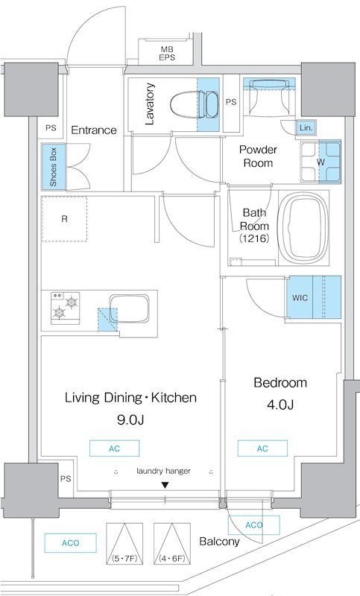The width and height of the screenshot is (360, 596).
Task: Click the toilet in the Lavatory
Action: [x=195, y=104]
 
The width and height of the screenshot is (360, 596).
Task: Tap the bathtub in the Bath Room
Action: [x=303, y=229]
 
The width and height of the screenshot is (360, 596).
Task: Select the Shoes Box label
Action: [x=53, y=167]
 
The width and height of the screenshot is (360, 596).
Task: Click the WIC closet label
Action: [x=300, y=297]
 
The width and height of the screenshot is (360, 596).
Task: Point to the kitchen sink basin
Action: [x=129, y=308]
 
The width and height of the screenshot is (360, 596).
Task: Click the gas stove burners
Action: [x=66, y=308]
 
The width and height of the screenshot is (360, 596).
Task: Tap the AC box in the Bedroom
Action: [x=262, y=448]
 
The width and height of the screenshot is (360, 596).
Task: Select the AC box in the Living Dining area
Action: [x=115, y=448]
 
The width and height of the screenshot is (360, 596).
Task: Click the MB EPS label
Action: [x=167, y=54]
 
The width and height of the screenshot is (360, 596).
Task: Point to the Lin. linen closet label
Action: [x=306, y=128]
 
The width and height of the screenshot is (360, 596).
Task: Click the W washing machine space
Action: [x=320, y=162]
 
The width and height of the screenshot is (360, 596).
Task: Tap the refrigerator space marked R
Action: [x=64, y=219]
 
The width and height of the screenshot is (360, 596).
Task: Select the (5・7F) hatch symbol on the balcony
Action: [x=124, y=544]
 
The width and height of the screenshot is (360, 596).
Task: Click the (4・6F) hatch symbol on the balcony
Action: [x=172, y=544]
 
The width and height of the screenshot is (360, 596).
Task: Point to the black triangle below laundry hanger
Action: [x=165, y=485]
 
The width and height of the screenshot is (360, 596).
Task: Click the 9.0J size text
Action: [x=130, y=419]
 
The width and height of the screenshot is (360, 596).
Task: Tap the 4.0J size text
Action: [x=280, y=405]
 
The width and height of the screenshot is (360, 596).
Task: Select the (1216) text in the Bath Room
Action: [x=254, y=238]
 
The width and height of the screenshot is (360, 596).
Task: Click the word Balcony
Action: [x=219, y=542]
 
